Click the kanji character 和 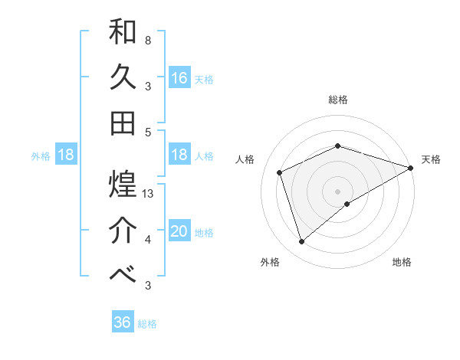123,32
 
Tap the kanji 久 123,77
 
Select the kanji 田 123,123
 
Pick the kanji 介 123,231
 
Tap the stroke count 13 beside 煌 148,194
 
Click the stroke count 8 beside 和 147,40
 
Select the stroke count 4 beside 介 147,240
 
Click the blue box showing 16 179,78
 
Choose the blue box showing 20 179,231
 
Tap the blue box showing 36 123,322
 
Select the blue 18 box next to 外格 66,155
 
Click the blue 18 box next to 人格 179,155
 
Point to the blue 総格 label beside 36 147,324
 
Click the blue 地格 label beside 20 204,233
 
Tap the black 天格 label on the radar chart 431,159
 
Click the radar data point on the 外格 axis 301,242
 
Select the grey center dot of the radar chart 337,191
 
